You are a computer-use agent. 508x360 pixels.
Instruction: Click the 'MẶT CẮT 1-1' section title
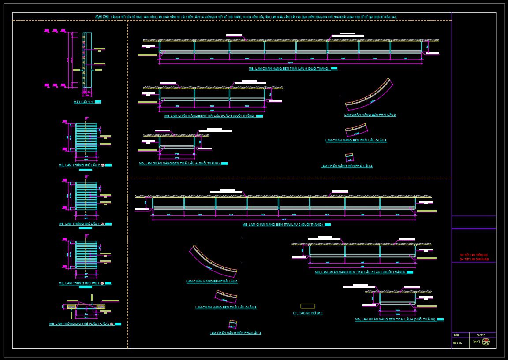[x=83, y=102]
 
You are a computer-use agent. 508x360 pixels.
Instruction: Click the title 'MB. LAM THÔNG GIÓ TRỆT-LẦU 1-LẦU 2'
[x=79, y=324]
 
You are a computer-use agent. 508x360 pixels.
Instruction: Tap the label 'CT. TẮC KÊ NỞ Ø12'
[x=308, y=313]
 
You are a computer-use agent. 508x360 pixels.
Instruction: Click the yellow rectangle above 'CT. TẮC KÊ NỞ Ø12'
[x=308, y=306]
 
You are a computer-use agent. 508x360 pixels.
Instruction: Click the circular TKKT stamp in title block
[x=486, y=342]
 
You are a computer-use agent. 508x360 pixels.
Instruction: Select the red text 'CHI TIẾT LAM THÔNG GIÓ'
[x=474, y=255]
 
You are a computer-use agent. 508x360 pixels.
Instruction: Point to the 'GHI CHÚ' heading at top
[x=102, y=16]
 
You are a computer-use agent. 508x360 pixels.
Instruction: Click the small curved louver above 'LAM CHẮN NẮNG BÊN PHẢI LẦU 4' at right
[x=349, y=157]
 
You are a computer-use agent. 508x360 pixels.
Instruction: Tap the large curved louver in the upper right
[x=370, y=95]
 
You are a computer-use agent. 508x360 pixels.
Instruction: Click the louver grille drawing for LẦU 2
[x=86, y=137]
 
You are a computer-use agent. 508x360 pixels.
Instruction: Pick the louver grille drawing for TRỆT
[x=86, y=255]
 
